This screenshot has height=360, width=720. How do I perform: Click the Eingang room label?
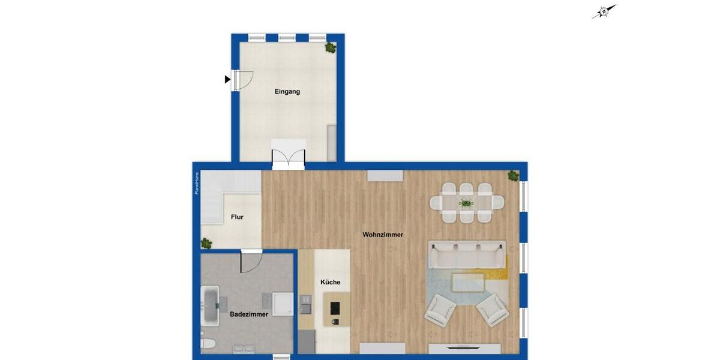pyautogui.click(x=287, y=92)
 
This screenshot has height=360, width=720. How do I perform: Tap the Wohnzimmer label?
pyautogui.click(x=383, y=235)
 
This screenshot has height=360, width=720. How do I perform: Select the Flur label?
pyautogui.click(x=237, y=217)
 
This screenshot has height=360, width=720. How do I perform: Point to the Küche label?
pyautogui.click(x=330, y=282)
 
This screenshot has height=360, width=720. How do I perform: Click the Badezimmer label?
pyautogui.click(x=249, y=314)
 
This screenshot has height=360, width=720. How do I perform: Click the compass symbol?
pyautogui.click(x=604, y=12)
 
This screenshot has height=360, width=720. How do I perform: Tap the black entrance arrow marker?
pyautogui.click(x=227, y=79)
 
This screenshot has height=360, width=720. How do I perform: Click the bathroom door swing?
pyautogui.click(x=251, y=262)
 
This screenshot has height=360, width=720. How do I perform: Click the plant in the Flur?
pyautogui.click(x=206, y=243)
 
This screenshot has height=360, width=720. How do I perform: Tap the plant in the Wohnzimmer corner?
pyautogui.click(x=512, y=176)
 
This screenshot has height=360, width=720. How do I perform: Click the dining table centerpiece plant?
pyautogui.click(x=466, y=203)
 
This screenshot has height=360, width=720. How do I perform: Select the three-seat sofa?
pyautogui.click(x=466, y=255)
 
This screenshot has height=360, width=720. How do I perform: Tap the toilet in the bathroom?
pyautogui.click(x=206, y=347)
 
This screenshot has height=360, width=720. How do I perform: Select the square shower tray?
pyautogui.click(x=283, y=304)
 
